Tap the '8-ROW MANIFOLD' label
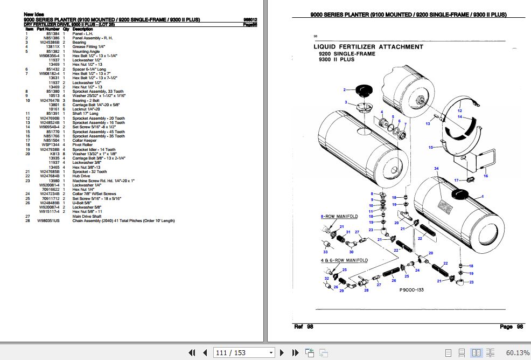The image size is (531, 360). point(339,217)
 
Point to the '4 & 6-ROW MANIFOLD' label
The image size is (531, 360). point(343,260)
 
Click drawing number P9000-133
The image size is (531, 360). point(412,290)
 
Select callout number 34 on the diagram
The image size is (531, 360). point(437,169)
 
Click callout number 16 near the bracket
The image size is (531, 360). point(485,176)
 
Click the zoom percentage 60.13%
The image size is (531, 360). point(518,352)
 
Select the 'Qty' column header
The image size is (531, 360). point(66,29)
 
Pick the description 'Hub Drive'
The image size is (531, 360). point(82,176)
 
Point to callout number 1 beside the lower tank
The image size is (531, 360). point(484,196)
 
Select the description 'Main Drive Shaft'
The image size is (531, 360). point(87,216)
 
